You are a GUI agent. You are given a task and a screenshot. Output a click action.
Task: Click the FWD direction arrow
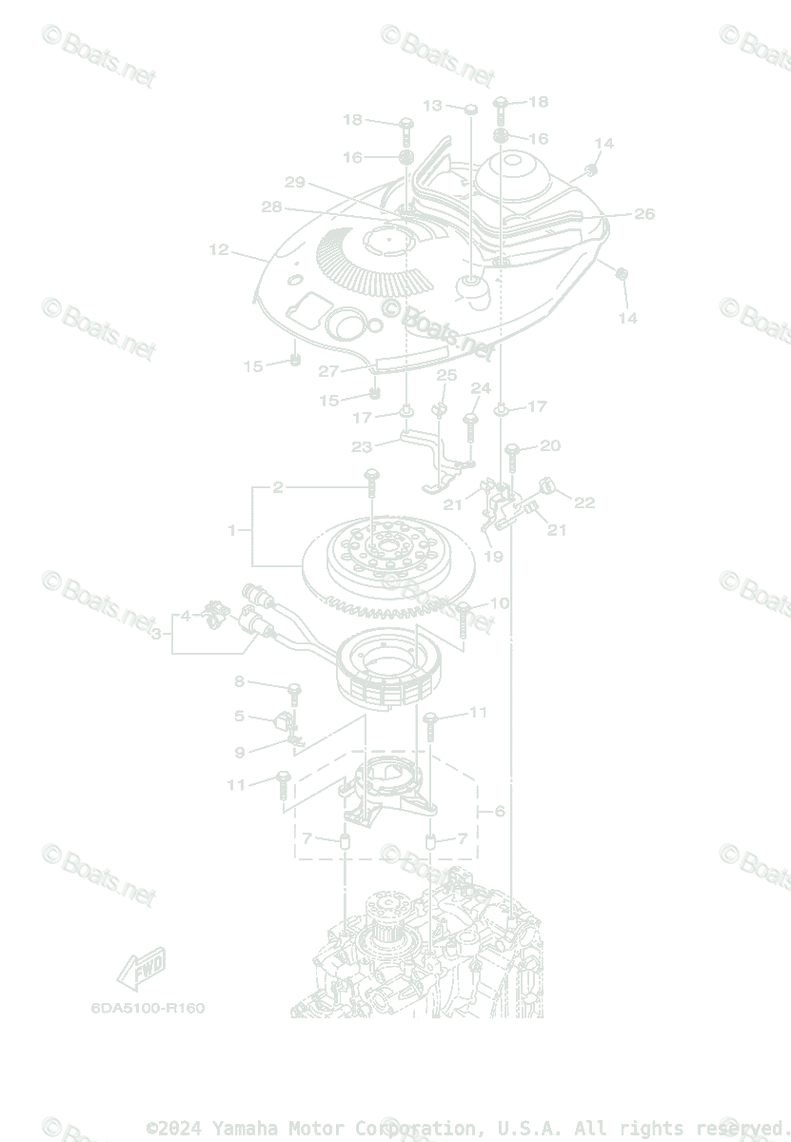[141, 968]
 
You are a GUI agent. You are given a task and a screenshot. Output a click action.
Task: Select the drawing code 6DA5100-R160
[148, 1008]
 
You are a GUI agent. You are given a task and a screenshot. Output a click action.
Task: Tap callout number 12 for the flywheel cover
[219, 250]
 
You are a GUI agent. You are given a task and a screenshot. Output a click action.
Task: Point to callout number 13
[432, 106]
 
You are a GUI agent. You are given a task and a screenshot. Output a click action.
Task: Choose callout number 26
[644, 214]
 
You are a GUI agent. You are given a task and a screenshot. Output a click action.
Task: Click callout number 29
[294, 183]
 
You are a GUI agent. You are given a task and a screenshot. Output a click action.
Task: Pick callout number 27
[328, 371]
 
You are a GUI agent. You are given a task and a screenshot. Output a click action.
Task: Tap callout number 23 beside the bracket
[362, 446]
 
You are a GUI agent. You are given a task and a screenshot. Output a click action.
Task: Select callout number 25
[446, 376]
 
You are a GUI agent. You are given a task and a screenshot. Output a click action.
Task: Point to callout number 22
[583, 502]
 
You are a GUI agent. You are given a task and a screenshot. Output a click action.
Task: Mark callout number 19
[493, 557]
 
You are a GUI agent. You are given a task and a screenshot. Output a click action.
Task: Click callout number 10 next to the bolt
[499, 603]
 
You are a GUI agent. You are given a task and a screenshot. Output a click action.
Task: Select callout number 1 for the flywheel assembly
[231, 530]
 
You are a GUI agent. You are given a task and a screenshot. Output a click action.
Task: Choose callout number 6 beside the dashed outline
[500, 812]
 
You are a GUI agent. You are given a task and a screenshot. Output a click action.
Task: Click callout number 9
[239, 752]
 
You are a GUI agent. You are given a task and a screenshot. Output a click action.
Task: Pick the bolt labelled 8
[294, 687]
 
